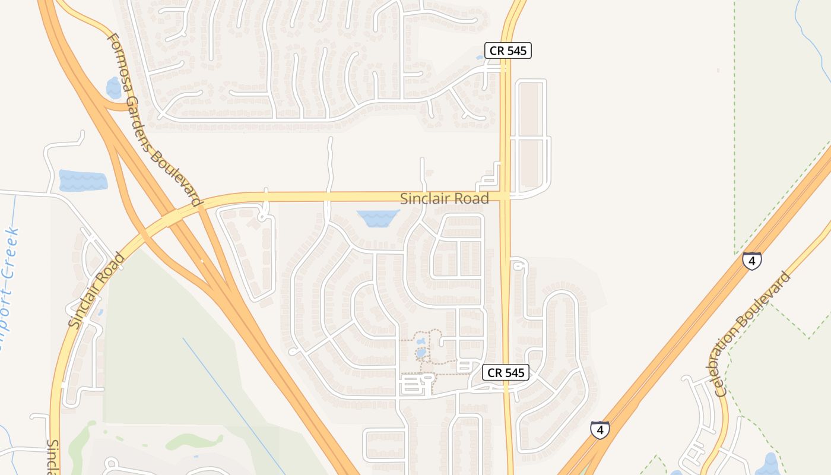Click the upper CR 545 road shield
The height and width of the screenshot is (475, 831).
coord(508,50)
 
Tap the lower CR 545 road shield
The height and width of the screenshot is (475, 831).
coord(506,372)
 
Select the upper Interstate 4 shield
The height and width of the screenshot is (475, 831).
coord(751,261)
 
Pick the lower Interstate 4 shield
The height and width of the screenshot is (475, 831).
coord(600,429)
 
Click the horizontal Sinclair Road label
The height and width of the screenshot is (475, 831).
coord(445,198)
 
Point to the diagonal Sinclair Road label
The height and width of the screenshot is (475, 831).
coord(96,290)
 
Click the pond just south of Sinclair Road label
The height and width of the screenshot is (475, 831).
coord(377,218)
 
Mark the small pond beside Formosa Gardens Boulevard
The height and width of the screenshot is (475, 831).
coord(113,88)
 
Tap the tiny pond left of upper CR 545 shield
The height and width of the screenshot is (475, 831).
coord(479,58)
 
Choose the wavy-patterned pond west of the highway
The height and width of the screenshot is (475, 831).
coord(83,180)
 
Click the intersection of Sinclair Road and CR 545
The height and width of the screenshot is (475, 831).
coord(505,195)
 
